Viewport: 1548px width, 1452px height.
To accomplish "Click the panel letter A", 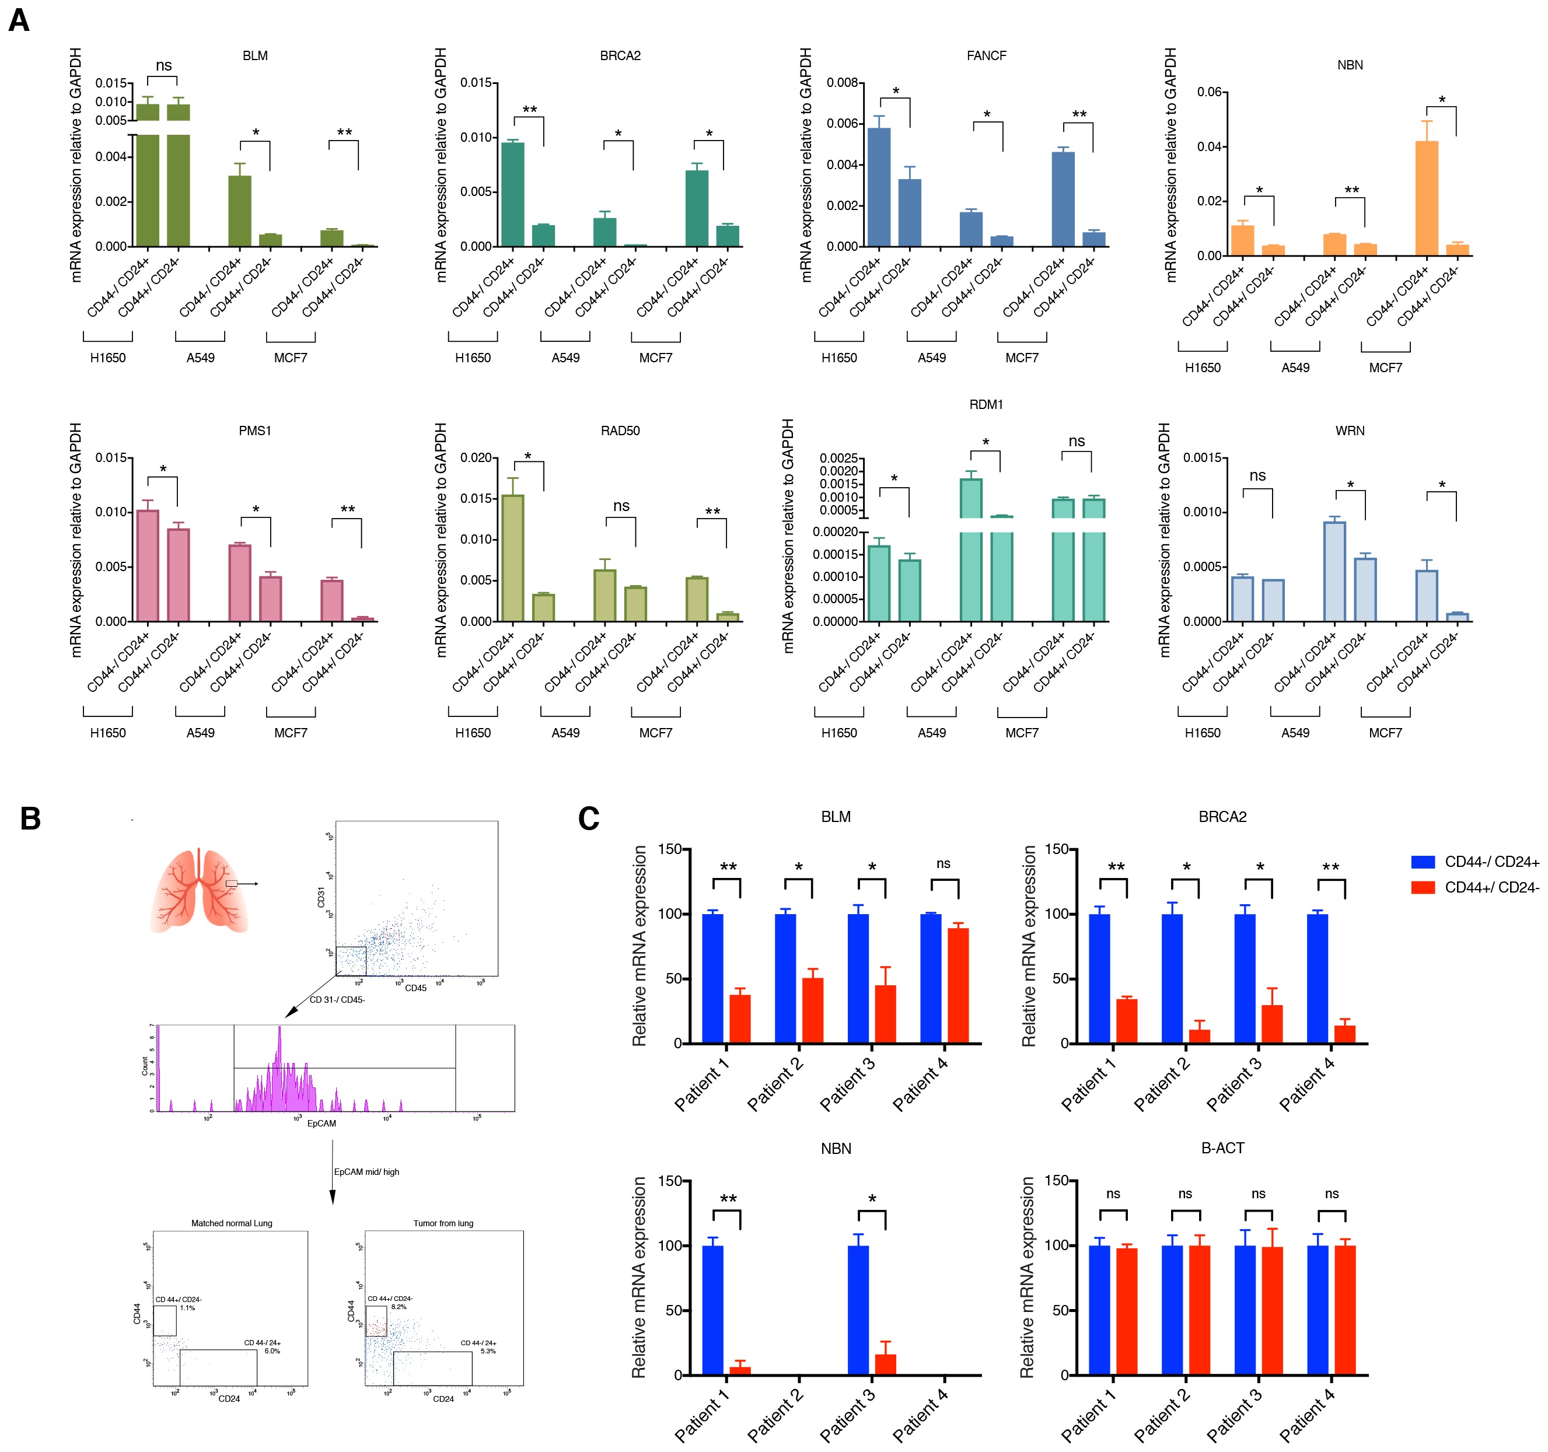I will [19, 19].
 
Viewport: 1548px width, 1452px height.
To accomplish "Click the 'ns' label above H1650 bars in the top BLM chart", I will [163, 65].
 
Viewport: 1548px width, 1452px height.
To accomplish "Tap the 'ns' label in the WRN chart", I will [1257, 475].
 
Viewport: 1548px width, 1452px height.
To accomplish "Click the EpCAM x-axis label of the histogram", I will [322, 1124].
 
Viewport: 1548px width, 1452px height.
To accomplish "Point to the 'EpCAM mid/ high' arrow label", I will [367, 1172].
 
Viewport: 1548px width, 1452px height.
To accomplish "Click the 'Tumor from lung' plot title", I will [443, 1223].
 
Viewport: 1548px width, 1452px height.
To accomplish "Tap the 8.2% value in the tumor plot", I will [399, 1307].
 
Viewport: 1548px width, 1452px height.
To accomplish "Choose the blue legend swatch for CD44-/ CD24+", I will [1423, 862].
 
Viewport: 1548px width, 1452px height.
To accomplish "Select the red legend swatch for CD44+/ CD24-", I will [1423, 887].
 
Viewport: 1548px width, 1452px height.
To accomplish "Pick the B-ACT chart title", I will [1222, 1149].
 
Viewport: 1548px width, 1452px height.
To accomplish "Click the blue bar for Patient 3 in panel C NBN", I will [858, 1310].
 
